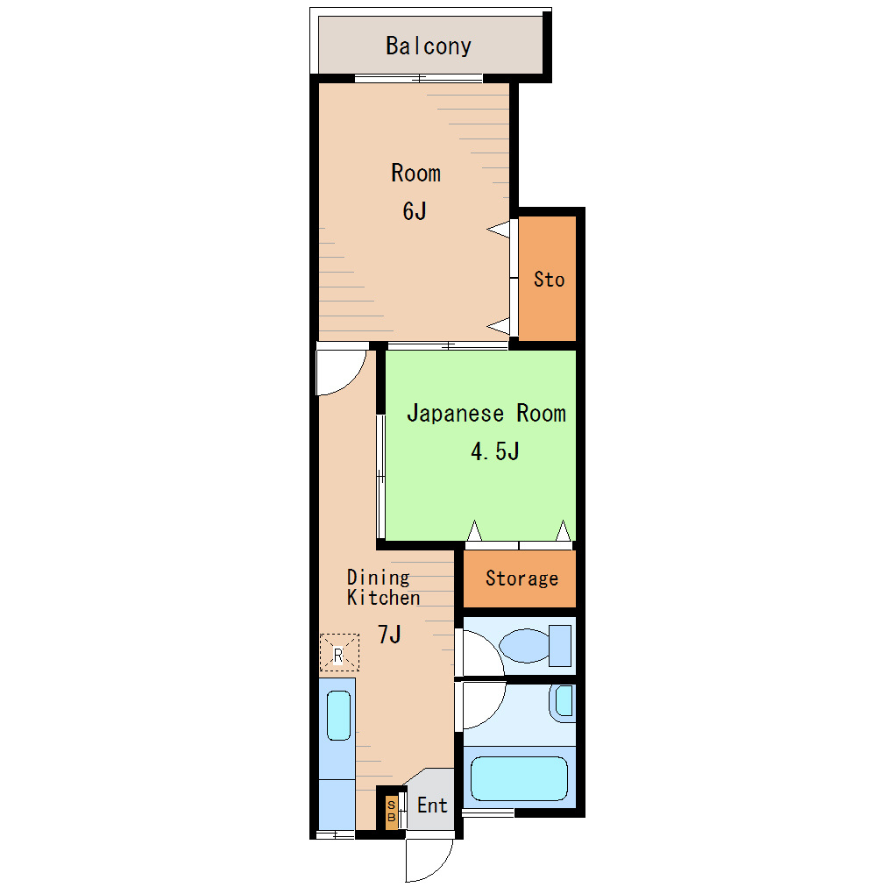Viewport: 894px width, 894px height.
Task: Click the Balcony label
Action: click(x=429, y=46)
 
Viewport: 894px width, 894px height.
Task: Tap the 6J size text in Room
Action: click(x=415, y=211)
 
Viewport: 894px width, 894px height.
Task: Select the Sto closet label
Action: click(x=549, y=280)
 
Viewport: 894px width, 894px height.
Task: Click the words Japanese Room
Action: click(x=486, y=414)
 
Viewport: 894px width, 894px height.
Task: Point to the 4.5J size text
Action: click(x=495, y=451)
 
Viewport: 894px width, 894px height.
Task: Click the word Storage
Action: click(x=521, y=578)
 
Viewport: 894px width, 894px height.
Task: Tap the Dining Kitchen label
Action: click(x=383, y=587)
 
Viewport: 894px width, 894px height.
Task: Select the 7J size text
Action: click(x=389, y=635)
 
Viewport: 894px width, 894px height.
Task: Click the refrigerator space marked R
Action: click(x=339, y=652)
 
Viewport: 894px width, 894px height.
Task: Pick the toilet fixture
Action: click(x=536, y=645)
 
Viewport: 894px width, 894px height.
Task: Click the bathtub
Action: click(x=519, y=778)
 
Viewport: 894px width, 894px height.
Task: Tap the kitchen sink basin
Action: click(x=338, y=715)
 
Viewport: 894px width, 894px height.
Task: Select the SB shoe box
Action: click(x=391, y=811)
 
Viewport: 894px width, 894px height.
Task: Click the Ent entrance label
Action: click(x=432, y=805)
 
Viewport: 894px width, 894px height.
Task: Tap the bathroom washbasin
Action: click(x=564, y=702)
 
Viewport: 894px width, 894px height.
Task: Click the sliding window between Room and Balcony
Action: click(x=418, y=79)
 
